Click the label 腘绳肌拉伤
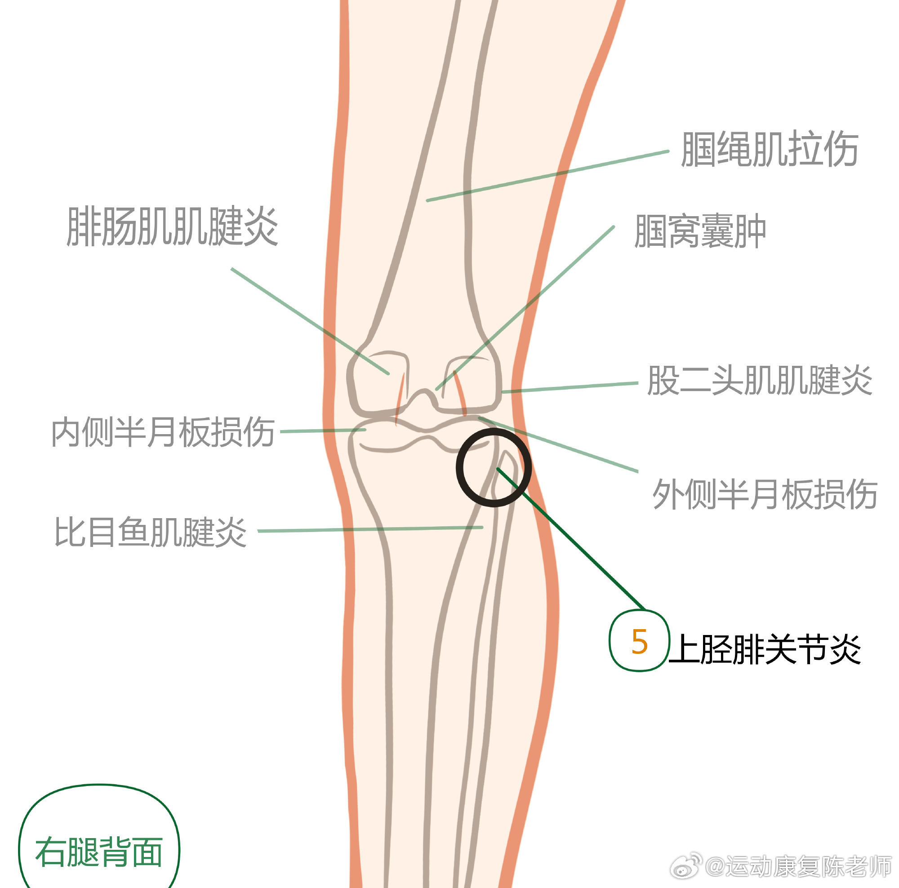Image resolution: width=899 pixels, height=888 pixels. [x=769, y=149]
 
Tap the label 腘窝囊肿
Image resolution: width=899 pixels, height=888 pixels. [x=699, y=231]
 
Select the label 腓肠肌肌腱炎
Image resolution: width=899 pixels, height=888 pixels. [x=172, y=226]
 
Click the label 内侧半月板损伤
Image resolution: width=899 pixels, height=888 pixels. [x=163, y=432]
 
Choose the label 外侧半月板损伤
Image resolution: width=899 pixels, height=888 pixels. [x=765, y=494]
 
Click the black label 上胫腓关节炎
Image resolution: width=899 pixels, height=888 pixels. [x=765, y=649]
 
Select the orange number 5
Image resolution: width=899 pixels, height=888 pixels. [x=639, y=642]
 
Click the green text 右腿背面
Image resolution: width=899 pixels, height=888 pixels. [x=99, y=852]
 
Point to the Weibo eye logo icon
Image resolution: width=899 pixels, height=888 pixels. [x=686, y=866]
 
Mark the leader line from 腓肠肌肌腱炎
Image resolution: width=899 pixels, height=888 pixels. [x=309, y=321]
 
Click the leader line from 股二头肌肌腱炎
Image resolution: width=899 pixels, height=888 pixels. [x=570, y=387]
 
